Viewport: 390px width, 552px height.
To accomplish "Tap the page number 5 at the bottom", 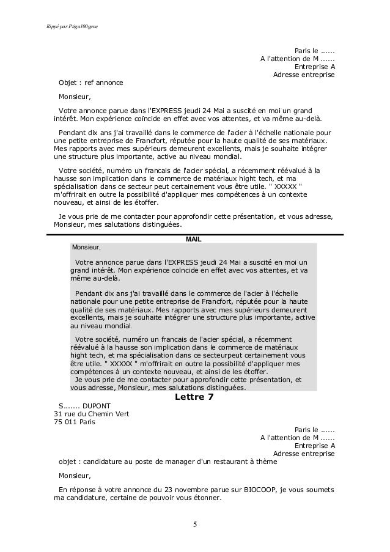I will pyautogui.click(x=194, y=524).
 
